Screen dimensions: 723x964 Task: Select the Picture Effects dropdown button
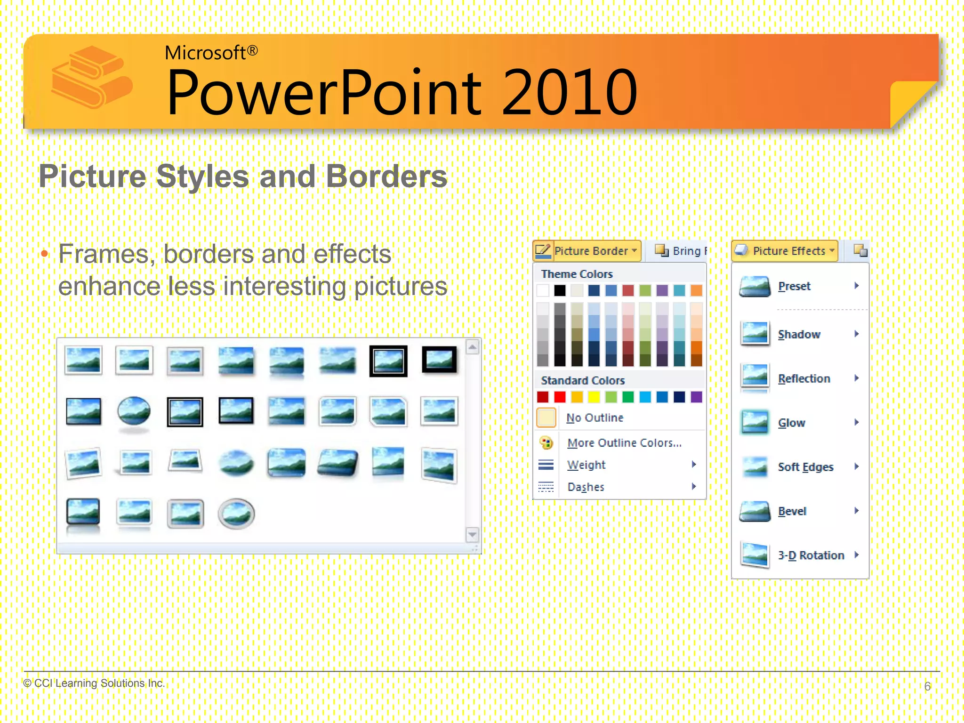(x=785, y=250)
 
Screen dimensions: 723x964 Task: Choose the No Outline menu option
(x=594, y=418)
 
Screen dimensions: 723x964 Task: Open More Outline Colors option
(x=624, y=443)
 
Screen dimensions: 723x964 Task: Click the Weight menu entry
(x=586, y=465)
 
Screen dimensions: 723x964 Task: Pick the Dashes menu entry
(x=586, y=487)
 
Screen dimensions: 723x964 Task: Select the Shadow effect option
(x=799, y=334)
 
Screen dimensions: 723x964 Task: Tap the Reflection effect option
(x=803, y=378)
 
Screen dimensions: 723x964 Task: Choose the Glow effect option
(x=791, y=423)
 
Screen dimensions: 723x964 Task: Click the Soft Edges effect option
(x=805, y=467)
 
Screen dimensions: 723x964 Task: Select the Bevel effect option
(x=792, y=511)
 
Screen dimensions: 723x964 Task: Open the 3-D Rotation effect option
(x=811, y=555)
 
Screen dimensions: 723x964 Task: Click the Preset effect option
(x=794, y=286)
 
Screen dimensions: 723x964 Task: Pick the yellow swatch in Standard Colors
(x=594, y=397)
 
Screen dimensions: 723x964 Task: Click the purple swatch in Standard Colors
(x=696, y=397)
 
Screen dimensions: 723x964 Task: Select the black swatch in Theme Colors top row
(x=560, y=290)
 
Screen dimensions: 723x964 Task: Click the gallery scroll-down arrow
(x=472, y=534)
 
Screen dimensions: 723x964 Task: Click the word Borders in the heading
(x=386, y=177)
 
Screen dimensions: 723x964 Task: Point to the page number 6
(x=927, y=686)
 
